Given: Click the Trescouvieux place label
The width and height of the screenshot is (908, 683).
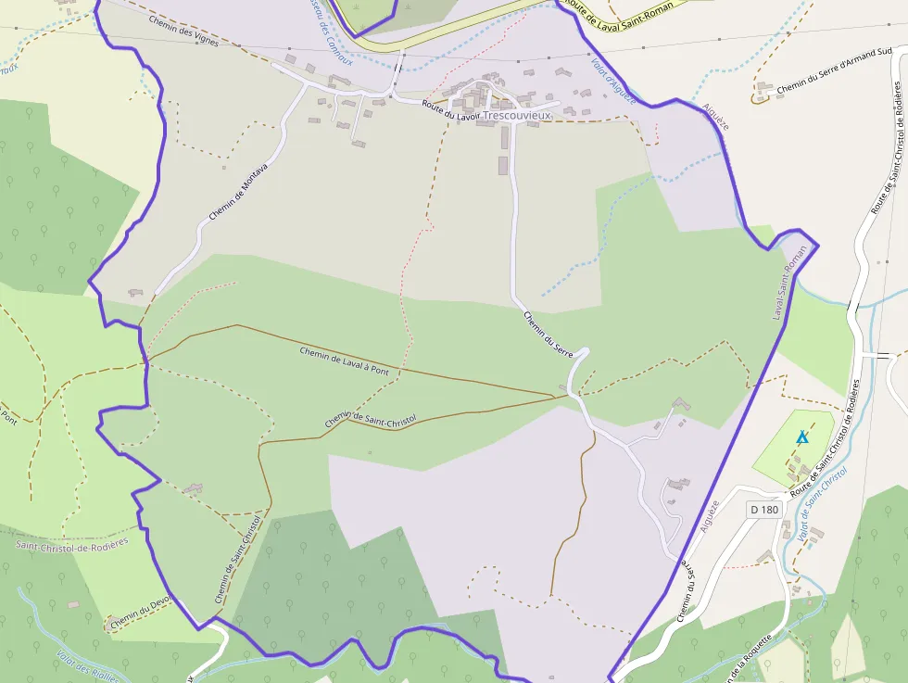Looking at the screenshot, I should coord(517,116).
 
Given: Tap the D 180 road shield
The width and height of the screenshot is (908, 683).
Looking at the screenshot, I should coord(763,510).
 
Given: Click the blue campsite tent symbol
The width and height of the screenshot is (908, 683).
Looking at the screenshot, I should coord(802,436).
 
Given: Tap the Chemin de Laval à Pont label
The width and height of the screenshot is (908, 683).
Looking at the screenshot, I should coord(343,360).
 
